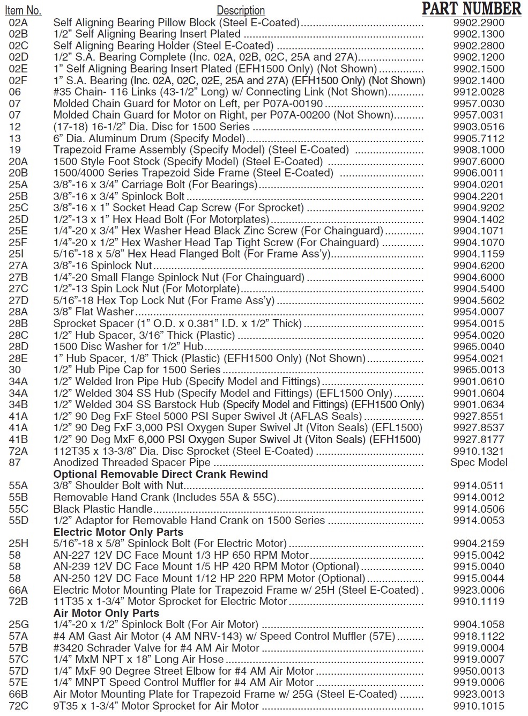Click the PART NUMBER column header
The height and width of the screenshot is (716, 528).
[x=471, y=9]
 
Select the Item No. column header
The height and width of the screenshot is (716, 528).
[x=23, y=10]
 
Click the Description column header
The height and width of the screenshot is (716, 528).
[x=241, y=10]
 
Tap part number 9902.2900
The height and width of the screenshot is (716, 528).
[x=479, y=23]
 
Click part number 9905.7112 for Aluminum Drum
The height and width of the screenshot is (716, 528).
[x=479, y=138]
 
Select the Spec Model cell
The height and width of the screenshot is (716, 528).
[x=479, y=462]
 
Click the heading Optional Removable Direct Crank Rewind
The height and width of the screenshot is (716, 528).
[x=160, y=474]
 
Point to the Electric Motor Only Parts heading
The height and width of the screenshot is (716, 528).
[x=118, y=532]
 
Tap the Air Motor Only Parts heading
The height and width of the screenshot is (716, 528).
[x=106, y=613]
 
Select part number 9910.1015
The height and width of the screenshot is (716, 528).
[x=479, y=706]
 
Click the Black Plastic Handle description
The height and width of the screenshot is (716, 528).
[x=103, y=509]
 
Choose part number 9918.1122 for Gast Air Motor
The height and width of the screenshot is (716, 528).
[x=479, y=636]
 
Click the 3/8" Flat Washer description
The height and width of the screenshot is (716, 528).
[x=94, y=312]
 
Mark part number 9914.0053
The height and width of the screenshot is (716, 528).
[x=479, y=520]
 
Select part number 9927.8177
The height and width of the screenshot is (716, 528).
[x=479, y=440]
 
